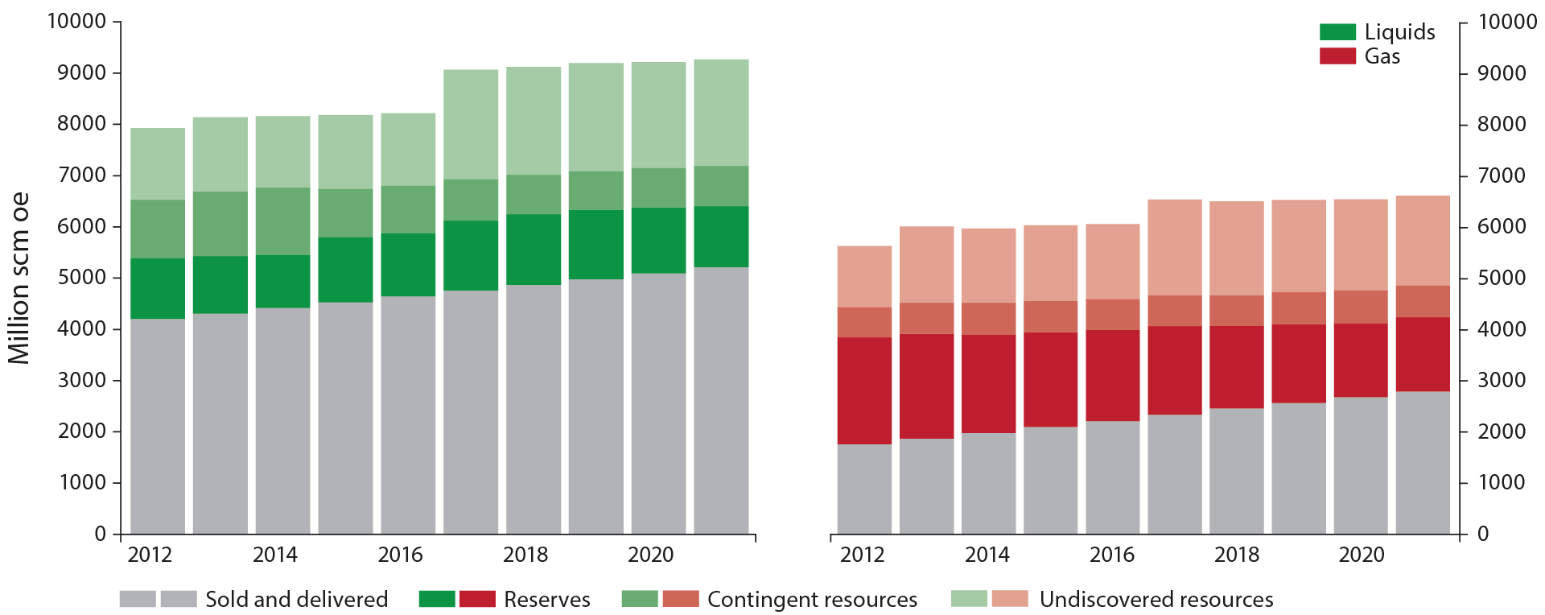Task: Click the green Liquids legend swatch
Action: tap(1337, 32)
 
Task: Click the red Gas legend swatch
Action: tap(1337, 56)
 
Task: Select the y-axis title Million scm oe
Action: tap(19, 278)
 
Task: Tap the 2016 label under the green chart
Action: tap(400, 555)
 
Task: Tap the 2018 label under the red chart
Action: tap(1237, 555)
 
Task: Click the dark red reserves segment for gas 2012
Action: tap(864, 390)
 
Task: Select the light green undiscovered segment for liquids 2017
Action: tap(471, 125)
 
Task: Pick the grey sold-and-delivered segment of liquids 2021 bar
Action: tap(721, 400)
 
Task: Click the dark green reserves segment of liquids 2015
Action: tap(345, 270)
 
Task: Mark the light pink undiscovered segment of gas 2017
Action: tap(1175, 247)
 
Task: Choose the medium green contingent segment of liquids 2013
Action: tap(220, 224)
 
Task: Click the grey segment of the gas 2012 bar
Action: tap(864, 489)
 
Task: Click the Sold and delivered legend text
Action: tap(296, 600)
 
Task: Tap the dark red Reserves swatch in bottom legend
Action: tap(477, 599)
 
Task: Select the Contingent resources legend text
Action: tap(812, 600)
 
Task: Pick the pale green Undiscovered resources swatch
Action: tap(969, 599)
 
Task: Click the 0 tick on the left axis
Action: tap(100, 534)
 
